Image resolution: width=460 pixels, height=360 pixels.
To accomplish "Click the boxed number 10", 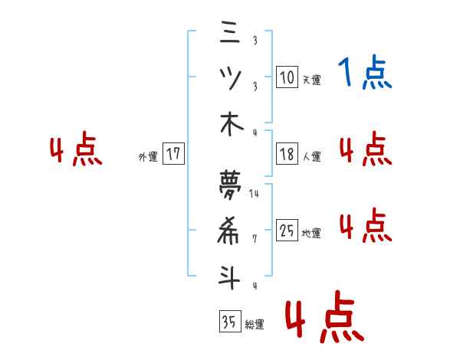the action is point(287,77).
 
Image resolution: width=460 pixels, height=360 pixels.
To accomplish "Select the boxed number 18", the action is point(287,154).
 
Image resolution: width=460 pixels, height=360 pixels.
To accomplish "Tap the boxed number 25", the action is point(287,230).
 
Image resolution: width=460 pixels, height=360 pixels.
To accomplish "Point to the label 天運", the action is point(311,79).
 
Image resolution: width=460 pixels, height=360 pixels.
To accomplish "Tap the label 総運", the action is point(255,324).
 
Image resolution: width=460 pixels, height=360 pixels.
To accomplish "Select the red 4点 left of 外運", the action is point(77,151).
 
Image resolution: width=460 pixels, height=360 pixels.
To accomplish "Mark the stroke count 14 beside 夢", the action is point(255,194).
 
